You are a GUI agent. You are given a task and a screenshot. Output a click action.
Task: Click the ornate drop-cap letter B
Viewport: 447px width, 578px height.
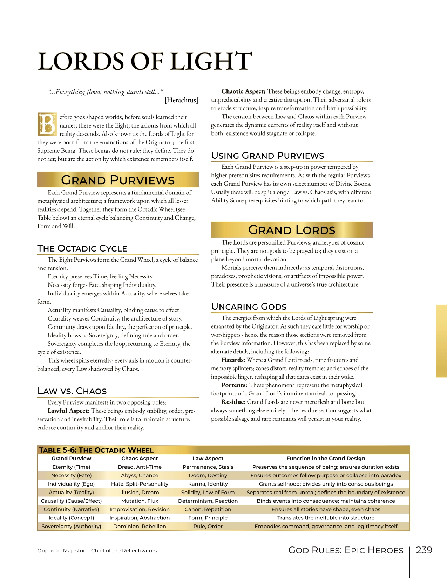[47, 124]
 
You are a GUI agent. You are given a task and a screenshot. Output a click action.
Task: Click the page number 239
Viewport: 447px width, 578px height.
[424, 550]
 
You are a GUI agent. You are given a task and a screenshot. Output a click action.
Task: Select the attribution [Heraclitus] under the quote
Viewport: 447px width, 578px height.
[181, 100]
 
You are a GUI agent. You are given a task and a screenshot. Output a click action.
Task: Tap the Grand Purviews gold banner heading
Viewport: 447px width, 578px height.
[118, 180]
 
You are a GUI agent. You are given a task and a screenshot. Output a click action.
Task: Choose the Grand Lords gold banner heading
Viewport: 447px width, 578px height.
[292, 230]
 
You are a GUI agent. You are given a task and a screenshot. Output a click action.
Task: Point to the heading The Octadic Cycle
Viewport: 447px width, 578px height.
[82, 248]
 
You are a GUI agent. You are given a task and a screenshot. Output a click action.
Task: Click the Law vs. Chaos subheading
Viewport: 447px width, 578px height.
[72, 391]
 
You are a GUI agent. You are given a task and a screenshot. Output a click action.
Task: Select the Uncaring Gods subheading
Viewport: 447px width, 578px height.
[249, 307]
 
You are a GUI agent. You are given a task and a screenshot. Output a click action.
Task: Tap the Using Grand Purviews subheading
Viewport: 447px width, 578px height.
[267, 156]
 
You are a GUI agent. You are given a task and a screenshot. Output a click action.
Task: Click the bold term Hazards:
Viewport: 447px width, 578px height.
[233, 360]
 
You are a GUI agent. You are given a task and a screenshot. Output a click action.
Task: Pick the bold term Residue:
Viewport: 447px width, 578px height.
[233, 402]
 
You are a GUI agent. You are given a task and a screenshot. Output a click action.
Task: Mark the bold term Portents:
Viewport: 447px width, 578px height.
[234, 385]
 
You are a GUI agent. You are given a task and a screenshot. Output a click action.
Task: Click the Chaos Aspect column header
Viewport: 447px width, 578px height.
[140, 458]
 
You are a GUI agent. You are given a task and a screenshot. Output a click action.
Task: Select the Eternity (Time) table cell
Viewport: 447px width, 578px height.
[71, 467]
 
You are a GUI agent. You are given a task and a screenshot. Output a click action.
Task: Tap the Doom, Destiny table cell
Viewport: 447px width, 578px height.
[208, 475]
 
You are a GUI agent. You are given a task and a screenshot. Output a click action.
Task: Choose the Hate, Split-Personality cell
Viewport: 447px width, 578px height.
[140, 484]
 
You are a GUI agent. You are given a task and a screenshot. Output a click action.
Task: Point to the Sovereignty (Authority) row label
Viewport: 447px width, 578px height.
[71, 526]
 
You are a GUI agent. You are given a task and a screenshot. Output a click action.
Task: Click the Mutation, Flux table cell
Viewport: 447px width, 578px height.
[140, 501]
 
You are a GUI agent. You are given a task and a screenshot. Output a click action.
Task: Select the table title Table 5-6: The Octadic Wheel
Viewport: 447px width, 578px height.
[96, 450]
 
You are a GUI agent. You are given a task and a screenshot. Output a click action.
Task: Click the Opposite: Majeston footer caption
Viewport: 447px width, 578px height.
[97, 551]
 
